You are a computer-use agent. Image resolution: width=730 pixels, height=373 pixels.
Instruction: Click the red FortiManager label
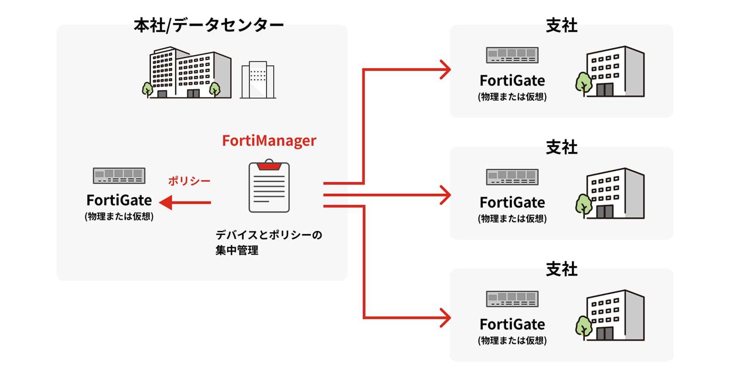[x=269, y=141]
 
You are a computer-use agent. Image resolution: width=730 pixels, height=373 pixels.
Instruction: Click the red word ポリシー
[x=189, y=181]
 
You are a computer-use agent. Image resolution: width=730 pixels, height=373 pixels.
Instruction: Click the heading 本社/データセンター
[x=208, y=25]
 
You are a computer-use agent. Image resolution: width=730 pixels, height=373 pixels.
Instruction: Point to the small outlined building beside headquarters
[x=257, y=80]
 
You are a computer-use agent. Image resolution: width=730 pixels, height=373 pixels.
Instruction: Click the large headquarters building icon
[x=187, y=73]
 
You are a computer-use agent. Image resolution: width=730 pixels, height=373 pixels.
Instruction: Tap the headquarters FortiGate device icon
[x=119, y=176]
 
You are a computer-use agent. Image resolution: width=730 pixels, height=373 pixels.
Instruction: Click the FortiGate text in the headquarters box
[x=119, y=200]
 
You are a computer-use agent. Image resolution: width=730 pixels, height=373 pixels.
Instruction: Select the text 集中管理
[x=237, y=250]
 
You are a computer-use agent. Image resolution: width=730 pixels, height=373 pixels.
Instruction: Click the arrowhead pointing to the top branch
[x=445, y=69]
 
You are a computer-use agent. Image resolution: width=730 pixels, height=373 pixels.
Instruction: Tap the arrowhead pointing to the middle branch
[x=445, y=195]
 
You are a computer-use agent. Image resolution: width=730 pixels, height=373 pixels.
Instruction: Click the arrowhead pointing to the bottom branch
[x=445, y=318]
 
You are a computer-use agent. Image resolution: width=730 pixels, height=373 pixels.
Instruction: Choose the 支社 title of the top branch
[x=561, y=25]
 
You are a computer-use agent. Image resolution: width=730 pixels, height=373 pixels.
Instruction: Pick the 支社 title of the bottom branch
[x=561, y=269]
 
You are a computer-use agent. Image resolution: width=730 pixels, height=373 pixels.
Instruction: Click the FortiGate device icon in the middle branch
[x=512, y=177]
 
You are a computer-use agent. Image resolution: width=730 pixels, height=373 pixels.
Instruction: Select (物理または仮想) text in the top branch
[x=512, y=97]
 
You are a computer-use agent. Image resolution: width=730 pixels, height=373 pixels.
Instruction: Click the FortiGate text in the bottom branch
[x=512, y=324]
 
